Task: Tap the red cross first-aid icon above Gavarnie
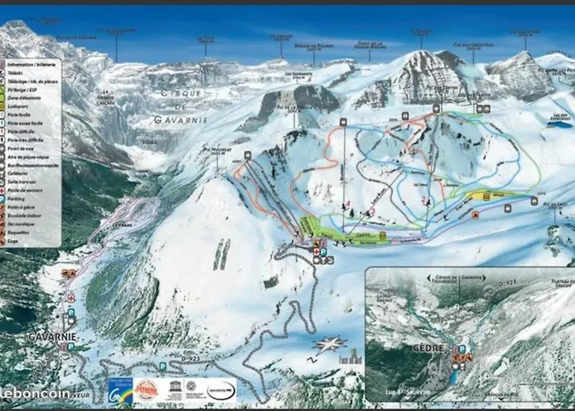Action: [71, 298]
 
